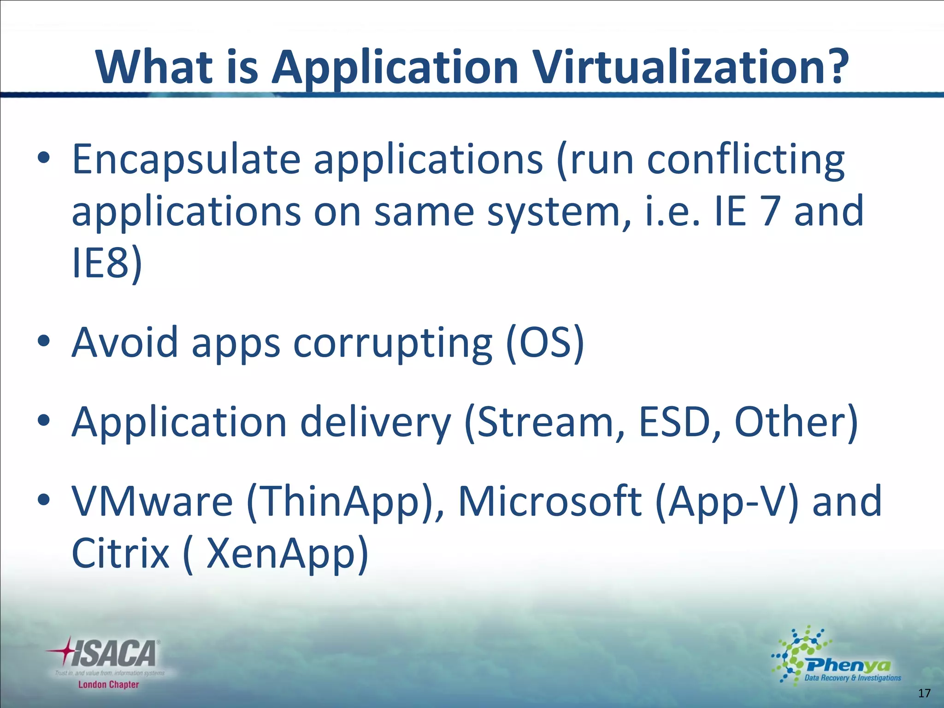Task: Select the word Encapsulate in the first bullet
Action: point(186,160)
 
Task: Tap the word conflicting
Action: point(746,160)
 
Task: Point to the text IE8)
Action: point(107,263)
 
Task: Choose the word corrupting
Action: point(393,343)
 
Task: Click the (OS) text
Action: point(545,343)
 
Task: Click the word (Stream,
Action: point(544,423)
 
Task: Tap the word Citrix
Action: point(121,553)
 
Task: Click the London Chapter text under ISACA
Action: point(108,684)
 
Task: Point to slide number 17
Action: point(924,693)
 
